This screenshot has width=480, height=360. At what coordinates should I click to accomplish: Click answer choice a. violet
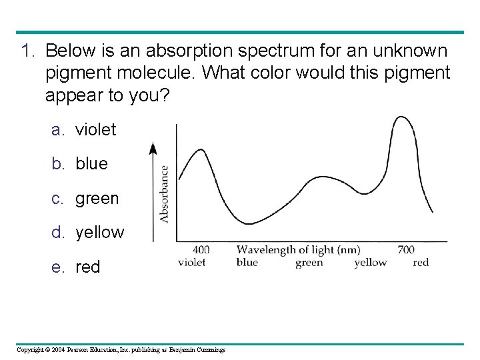[85, 129]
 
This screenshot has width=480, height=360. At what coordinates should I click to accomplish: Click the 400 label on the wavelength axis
[200, 250]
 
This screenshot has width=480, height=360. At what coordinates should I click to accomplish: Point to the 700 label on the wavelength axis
[405, 250]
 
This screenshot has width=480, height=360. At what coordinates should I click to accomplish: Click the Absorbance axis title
[164, 194]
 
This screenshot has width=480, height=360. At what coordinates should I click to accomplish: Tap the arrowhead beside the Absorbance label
[153, 149]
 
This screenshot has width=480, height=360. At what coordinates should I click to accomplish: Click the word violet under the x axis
[192, 262]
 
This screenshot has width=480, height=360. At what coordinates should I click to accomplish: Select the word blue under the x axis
[247, 262]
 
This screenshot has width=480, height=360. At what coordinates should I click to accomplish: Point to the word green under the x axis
[309, 262]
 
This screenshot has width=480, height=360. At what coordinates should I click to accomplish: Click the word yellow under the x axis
[370, 262]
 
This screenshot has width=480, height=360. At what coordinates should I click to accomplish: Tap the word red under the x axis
[421, 262]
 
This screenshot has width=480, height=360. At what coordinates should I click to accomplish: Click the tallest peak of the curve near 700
[401, 118]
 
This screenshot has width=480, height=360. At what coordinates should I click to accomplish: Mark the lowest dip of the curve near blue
[248, 223]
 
